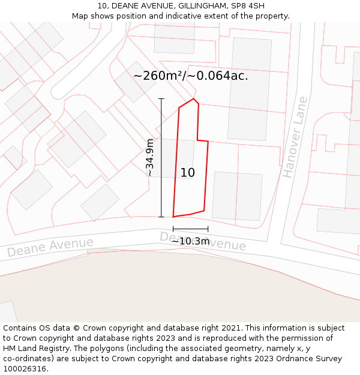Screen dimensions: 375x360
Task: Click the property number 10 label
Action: (187, 173)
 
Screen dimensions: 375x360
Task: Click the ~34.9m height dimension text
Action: (150, 157)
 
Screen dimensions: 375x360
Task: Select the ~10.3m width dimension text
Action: (191, 241)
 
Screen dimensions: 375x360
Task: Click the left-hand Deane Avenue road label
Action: (50, 247)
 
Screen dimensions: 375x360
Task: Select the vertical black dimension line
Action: (161, 157)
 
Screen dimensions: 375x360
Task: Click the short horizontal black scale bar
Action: (190, 229)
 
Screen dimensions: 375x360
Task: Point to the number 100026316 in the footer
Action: (25, 369)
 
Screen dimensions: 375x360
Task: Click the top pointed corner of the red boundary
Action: (193, 99)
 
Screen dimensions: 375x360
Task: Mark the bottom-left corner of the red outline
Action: (173, 217)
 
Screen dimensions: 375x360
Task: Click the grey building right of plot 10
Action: (237, 196)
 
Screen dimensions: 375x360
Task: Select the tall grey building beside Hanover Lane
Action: (250, 89)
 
